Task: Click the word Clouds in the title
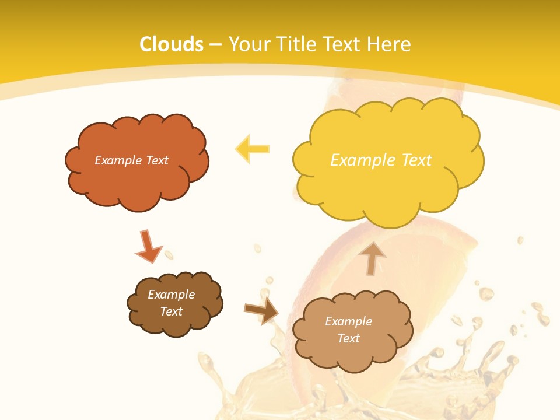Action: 171,44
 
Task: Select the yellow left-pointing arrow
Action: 252,149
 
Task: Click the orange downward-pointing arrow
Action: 148,247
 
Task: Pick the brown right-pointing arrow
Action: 261,311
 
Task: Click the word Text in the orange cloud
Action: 157,160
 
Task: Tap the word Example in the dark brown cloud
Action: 171,295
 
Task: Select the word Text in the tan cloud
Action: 348,338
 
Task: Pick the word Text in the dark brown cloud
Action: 171,311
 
